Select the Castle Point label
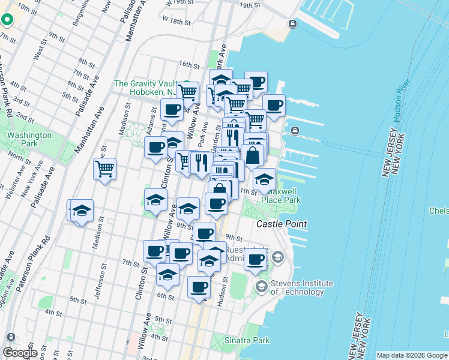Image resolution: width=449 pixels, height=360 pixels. click(x=282, y=224)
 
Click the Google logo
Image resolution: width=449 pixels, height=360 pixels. click(x=20, y=352)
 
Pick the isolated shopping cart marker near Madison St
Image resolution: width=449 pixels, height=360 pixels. click(x=105, y=168)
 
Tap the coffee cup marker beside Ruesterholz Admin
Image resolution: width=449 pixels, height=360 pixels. click(x=255, y=259)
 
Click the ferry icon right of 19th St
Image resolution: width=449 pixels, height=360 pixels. click(x=292, y=24)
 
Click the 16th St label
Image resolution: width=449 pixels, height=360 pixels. click(x=188, y=64)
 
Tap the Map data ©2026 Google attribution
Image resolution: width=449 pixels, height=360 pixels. click(x=412, y=355)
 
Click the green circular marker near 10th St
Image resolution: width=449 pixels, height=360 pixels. click(x=7, y=19)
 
